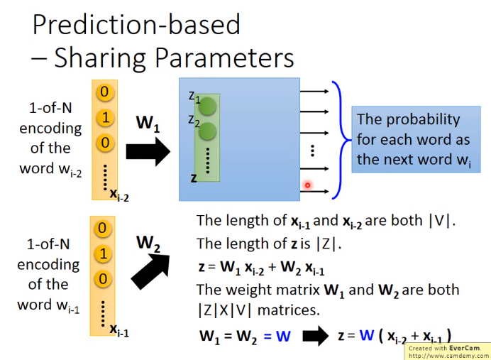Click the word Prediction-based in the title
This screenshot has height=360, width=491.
[136, 24]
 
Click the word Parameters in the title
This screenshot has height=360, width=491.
[224, 58]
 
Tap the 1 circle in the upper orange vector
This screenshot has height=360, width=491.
[105, 118]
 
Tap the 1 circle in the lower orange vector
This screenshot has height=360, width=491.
[103, 253]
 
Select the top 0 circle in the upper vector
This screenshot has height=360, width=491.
[104, 92]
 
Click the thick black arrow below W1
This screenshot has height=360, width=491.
[148, 152]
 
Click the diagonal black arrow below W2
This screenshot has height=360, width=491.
[150, 271]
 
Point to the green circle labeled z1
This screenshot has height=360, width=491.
[207, 107]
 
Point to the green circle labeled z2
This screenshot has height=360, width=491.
[207, 131]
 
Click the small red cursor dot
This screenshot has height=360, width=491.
[307, 185]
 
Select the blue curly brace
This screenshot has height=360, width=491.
[341, 140]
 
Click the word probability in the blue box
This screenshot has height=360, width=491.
[423, 120]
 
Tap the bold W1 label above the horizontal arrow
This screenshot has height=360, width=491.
[148, 124]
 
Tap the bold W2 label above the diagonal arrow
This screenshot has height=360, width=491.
[148, 244]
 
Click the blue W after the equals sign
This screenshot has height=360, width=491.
[283, 336]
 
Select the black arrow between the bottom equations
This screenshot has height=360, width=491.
[316, 336]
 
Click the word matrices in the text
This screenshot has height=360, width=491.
[288, 310]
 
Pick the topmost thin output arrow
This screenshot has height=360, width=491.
[314, 91]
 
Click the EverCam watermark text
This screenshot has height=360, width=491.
[448, 351]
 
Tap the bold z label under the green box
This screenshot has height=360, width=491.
[194, 178]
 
